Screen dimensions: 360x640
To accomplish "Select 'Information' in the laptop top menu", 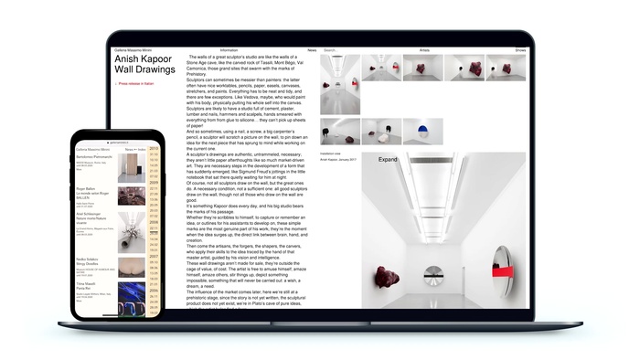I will [x=229, y=49].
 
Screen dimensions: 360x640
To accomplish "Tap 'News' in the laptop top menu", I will [x=312, y=49].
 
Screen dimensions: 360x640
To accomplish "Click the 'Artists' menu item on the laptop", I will [x=424, y=49].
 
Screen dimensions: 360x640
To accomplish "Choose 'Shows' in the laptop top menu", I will [x=520, y=49].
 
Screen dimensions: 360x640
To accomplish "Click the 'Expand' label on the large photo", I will [x=389, y=159].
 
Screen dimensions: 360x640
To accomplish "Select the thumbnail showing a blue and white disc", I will [x=423, y=131].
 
